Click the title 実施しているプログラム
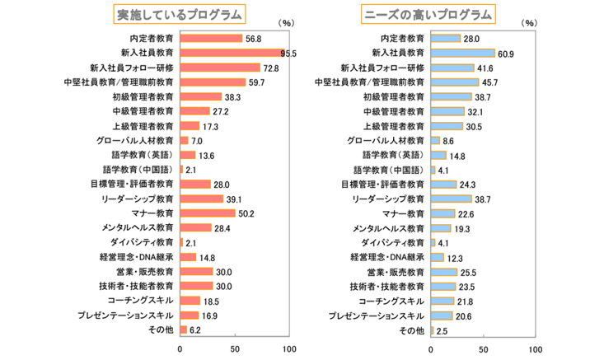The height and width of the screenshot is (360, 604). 180,14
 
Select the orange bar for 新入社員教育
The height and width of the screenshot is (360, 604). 232,53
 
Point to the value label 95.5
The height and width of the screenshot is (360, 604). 289,53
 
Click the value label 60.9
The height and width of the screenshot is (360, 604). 505,53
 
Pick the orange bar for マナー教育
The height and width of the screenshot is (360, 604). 207,213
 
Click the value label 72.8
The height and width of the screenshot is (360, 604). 270,68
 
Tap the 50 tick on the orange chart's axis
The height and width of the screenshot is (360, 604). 235,348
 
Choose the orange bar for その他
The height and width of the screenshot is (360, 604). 184,330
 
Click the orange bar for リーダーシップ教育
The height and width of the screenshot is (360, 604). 201,199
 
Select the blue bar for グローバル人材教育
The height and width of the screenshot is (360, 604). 435,140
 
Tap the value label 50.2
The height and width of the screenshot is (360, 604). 246,213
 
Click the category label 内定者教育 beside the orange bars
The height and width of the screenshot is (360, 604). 152,38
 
